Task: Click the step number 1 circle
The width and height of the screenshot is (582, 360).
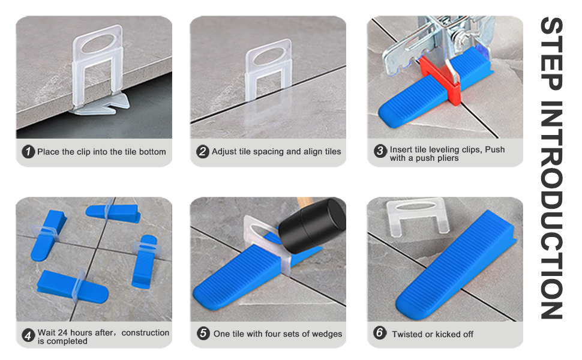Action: click(29, 152)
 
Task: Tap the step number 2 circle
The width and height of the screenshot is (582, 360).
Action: click(203, 152)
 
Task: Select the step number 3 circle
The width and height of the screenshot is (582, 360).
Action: click(380, 152)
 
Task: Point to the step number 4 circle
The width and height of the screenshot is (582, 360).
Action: click(28, 336)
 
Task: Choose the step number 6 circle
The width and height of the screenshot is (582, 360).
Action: click(380, 333)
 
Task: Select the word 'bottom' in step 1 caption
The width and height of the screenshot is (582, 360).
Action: click(152, 152)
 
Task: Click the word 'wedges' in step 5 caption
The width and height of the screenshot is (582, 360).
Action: click(327, 334)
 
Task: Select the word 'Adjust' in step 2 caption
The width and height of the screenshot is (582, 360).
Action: click(224, 152)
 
